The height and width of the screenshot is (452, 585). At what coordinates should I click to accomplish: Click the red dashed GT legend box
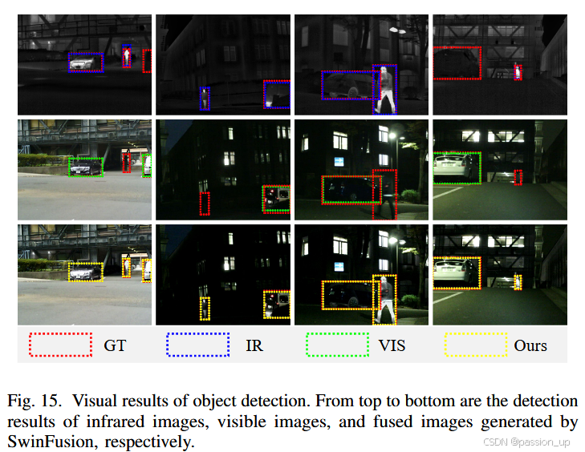[60, 345]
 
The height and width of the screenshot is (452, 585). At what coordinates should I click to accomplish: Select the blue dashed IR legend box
[197, 345]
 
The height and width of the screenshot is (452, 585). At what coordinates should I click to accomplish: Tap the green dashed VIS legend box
[337, 345]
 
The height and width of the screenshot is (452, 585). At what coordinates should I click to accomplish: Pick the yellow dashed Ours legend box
[476, 345]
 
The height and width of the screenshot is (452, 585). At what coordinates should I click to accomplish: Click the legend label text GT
[115, 346]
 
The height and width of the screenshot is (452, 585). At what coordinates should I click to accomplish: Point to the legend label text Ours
[530, 346]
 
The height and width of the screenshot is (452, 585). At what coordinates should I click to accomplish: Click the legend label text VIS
[393, 346]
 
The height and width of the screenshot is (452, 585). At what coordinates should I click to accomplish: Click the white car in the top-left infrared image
[83, 63]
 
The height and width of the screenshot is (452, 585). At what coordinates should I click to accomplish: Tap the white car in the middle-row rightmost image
[453, 167]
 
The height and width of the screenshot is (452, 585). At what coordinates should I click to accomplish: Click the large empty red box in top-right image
[457, 63]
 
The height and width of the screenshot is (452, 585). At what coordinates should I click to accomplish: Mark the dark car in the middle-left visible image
[85, 168]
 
